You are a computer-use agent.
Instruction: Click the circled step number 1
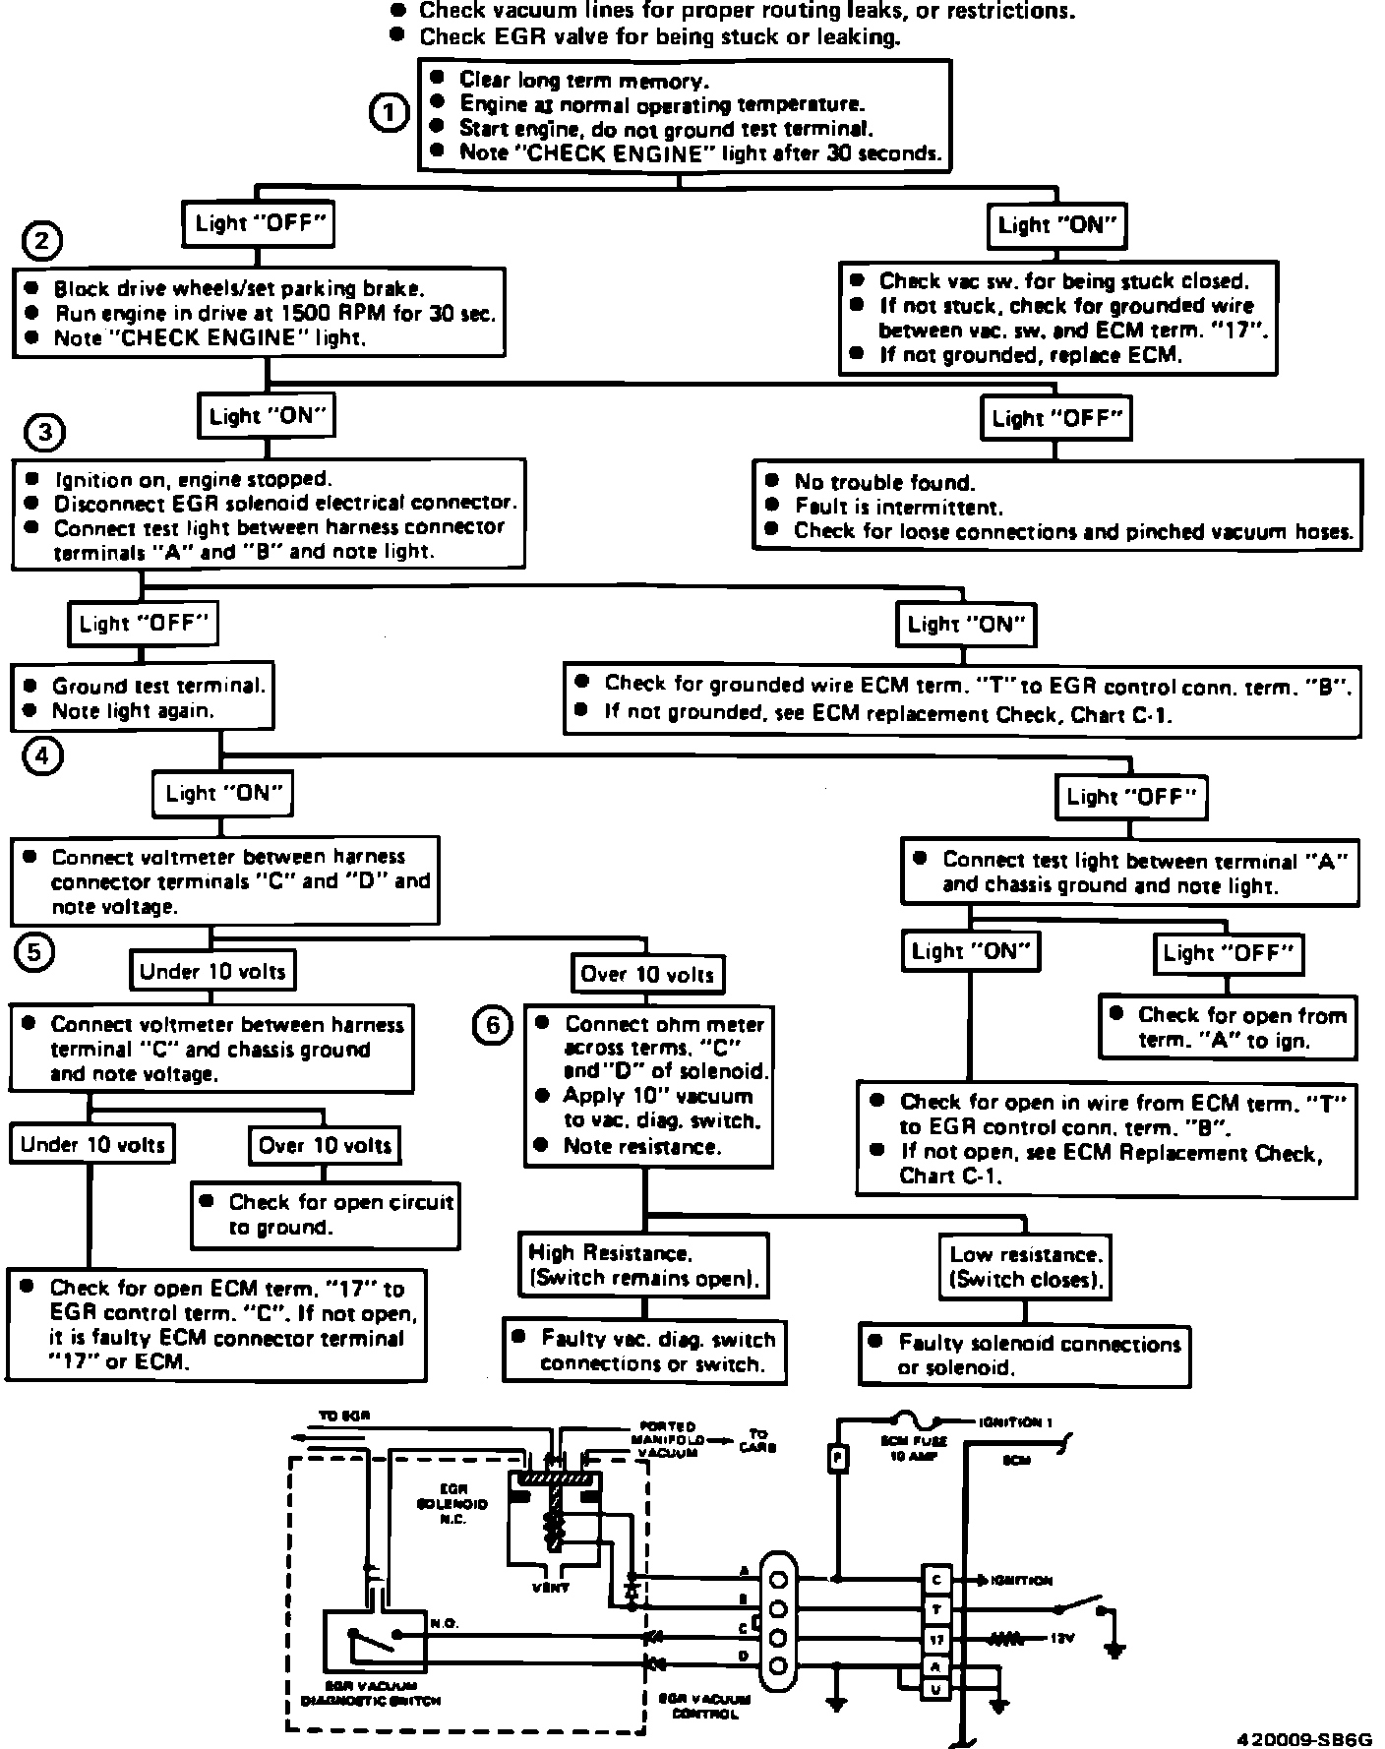click(x=389, y=113)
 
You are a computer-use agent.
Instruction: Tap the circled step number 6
click(x=493, y=1027)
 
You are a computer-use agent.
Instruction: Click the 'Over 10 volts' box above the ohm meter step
click(x=647, y=974)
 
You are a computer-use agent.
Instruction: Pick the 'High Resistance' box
click(x=644, y=1265)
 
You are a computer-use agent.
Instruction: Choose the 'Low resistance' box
click(x=1026, y=1267)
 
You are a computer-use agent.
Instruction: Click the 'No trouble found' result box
click(x=1057, y=506)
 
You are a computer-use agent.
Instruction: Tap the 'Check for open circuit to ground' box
click(x=326, y=1214)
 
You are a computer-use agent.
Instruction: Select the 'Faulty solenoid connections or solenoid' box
click(x=1024, y=1355)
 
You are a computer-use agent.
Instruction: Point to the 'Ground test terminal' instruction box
click(x=143, y=698)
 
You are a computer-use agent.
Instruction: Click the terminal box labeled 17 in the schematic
click(x=936, y=1640)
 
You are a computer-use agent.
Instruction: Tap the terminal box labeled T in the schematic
click(x=936, y=1609)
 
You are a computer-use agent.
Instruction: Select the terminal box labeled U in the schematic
click(x=936, y=1689)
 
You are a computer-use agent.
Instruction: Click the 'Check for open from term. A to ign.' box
click(x=1227, y=1027)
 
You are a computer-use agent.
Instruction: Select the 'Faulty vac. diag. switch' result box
click(x=644, y=1351)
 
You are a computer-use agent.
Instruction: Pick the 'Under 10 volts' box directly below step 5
click(x=212, y=972)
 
